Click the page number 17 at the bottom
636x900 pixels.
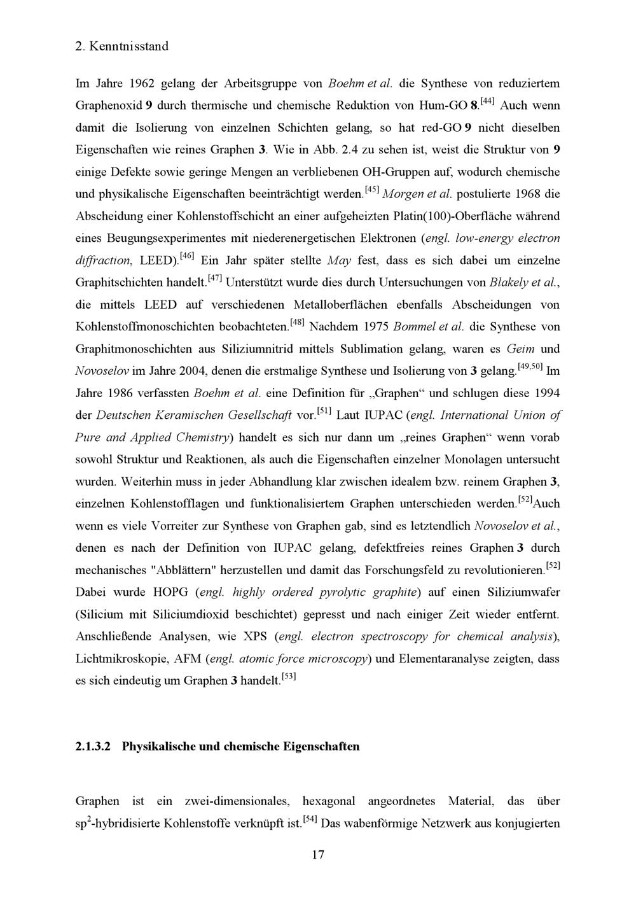point(318,855)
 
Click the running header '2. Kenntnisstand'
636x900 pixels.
point(121,46)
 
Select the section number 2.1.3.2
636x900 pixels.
point(93,746)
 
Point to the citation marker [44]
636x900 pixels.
point(488,101)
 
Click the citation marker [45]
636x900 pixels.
point(371,190)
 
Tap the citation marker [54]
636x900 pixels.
point(310,819)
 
